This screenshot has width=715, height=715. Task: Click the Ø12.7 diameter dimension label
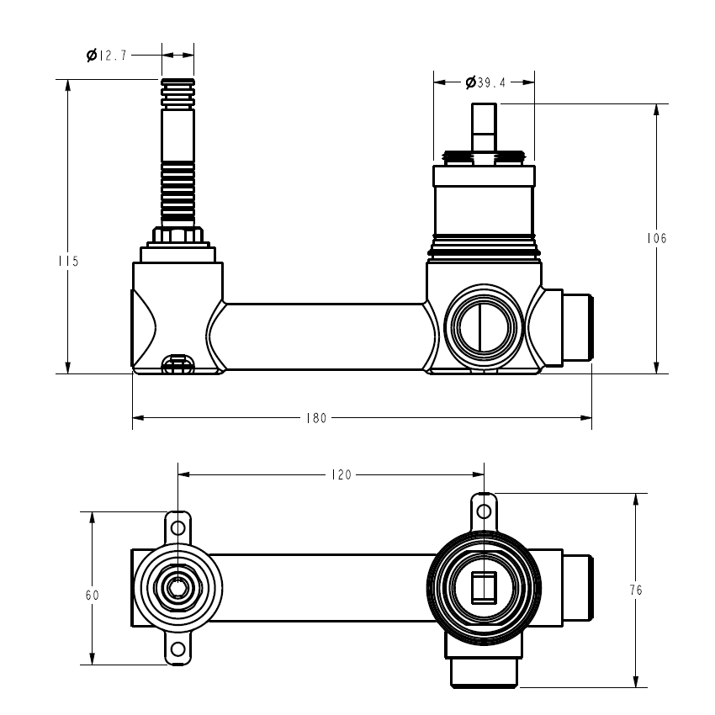pos(107,56)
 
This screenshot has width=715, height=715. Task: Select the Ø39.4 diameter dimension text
pos(485,82)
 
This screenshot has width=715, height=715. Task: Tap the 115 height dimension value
pos(68,262)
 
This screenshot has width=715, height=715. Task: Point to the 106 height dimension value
pos(657,238)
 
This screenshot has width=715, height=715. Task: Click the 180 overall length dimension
pos(316,418)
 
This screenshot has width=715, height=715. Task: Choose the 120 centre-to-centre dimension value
pos(342,475)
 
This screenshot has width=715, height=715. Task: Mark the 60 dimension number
pos(93,595)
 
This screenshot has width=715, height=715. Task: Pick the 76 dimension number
pos(636,590)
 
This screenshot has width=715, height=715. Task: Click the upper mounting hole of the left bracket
pos(177,528)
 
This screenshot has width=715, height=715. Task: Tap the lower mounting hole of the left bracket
pos(177,649)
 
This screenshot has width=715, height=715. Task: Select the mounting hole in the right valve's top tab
pos(484,511)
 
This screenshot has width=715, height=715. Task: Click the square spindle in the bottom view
pos(484,588)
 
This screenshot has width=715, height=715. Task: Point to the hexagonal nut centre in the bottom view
pos(177,588)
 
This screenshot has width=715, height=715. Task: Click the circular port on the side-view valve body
pos(484,327)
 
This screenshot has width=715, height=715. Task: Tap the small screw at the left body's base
pos(177,364)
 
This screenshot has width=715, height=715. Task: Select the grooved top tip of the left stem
pos(177,94)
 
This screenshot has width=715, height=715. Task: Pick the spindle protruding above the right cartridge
pos(484,129)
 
